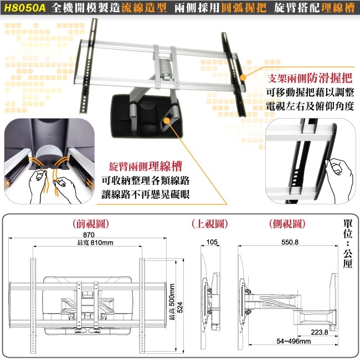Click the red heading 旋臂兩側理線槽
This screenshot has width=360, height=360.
146,166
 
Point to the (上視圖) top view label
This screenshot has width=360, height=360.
210,224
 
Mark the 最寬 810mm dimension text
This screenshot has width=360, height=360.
95,243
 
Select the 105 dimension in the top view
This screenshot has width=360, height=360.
210,242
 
